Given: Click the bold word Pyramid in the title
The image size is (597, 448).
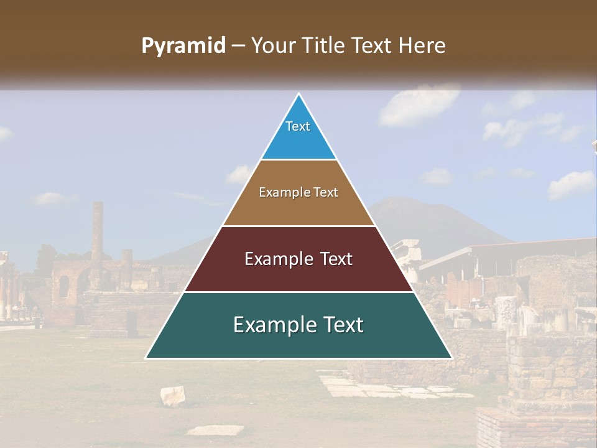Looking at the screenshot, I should [183, 46].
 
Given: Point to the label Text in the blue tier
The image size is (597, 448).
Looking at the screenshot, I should [298, 126].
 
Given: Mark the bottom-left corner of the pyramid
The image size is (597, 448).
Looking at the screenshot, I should [147, 358].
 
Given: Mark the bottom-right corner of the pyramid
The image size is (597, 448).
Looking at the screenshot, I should [451, 358].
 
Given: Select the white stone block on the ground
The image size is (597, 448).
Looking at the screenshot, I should [173, 395].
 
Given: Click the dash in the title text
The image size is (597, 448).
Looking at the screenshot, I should [238, 46].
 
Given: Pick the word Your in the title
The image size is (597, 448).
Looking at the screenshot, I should [272, 45].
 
